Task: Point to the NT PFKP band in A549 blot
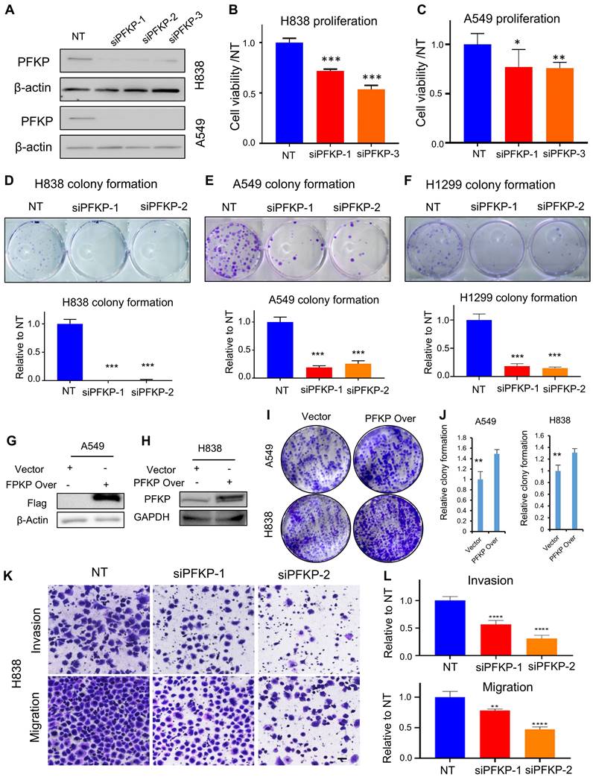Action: (x=77, y=118)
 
